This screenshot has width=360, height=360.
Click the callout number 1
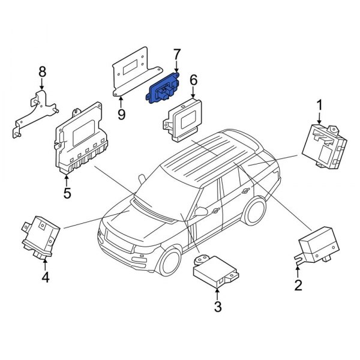tap(319, 105)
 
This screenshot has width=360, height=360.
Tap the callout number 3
tap(217, 308)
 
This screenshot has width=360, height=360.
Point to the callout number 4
tap(45, 277)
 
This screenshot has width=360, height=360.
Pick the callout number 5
tap(67, 193)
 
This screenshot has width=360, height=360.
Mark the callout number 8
tap(42, 73)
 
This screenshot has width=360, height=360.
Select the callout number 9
tap(121, 113)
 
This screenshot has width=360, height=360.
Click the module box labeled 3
tap(211, 274)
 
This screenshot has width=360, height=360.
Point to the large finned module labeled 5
tap(83, 141)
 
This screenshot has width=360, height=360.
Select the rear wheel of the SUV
tap(255, 212)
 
